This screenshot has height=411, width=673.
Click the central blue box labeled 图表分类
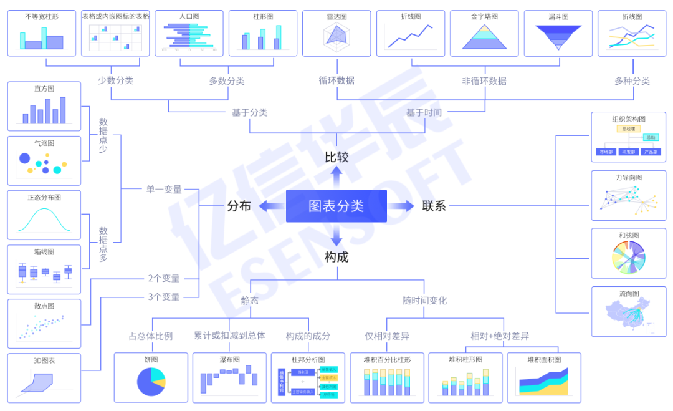tap(336, 206)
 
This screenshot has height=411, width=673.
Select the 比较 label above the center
tap(336, 157)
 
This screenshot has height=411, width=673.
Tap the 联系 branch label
tap(434, 206)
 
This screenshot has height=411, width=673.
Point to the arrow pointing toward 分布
tap(269, 206)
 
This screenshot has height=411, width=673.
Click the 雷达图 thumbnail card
tap(336, 33)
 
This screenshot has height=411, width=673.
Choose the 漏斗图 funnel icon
tap(558, 37)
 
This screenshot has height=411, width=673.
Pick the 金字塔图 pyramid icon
tap(484, 37)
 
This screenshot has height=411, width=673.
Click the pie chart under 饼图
tap(151, 382)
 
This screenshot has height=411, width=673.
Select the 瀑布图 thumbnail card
tap(229, 377)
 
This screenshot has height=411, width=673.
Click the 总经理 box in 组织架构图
tap(628, 128)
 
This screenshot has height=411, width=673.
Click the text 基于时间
tap(424, 112)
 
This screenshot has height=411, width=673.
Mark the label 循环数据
tap(336, 80)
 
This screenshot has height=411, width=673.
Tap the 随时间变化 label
tap(424, 301)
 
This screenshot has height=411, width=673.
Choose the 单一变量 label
tap(164, 189)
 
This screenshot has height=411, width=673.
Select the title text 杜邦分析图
tap(308, 360)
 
